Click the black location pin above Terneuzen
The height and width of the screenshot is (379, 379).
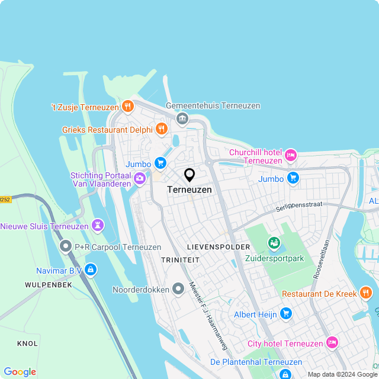(189, 175)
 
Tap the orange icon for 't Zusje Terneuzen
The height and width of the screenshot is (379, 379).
(127, 107)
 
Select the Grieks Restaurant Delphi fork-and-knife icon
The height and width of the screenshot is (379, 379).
(160, 129)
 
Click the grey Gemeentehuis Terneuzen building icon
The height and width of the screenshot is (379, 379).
(182, 119)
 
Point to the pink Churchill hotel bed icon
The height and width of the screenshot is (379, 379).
(290, 156)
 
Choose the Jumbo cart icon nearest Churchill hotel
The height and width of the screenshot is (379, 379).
(293, 178)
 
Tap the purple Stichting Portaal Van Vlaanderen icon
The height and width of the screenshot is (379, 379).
(140, 178)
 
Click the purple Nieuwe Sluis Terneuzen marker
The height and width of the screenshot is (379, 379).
(98, 226)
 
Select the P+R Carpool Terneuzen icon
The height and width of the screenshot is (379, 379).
(65, 246)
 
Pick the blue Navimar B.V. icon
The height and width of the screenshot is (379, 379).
(90, 269)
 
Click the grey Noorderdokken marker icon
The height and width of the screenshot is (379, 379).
(178, 290)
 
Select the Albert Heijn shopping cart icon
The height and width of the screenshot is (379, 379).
(286, 313)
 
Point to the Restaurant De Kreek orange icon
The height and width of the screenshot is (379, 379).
(365, 293)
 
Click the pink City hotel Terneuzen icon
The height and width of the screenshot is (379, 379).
(332, 343)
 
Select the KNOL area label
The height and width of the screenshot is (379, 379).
(27, 343)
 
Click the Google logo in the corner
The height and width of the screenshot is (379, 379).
(20, 371)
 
